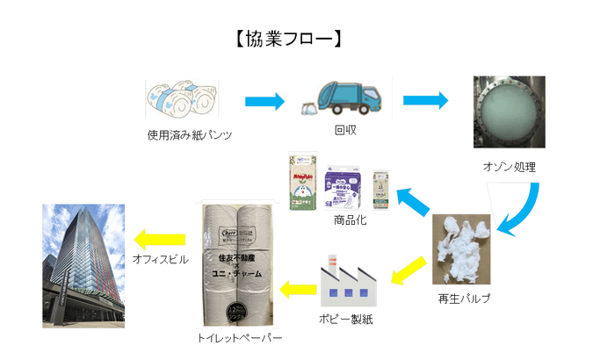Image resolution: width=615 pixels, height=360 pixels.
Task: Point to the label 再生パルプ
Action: (463, 299)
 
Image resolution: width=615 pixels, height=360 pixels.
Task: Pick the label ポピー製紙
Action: (344, 319)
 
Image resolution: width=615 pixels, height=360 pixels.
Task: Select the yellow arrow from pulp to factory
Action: (409, 270)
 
